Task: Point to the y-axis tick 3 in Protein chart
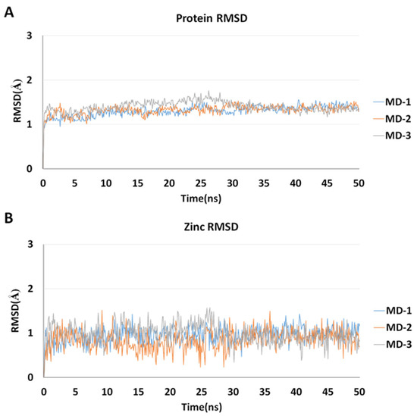coord(29,36)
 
